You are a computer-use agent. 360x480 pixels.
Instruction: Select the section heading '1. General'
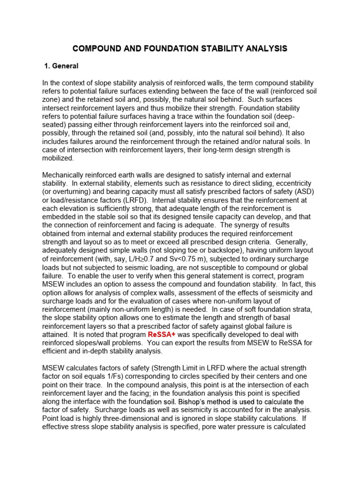point(61,66)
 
